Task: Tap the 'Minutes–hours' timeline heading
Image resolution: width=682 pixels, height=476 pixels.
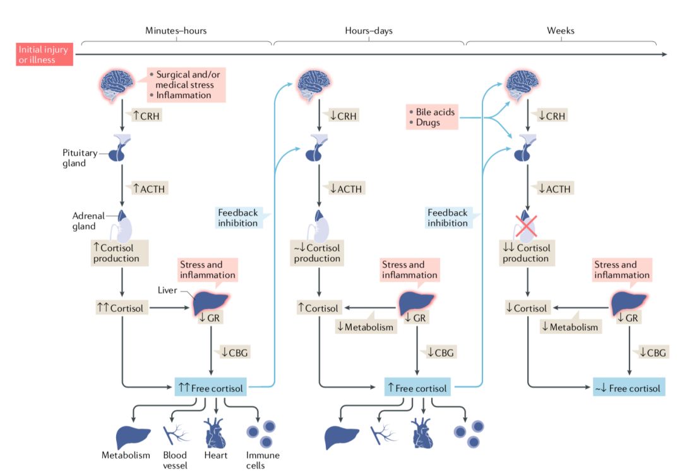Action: (176, 30)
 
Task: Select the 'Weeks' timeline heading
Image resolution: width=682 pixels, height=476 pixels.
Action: (560, 30)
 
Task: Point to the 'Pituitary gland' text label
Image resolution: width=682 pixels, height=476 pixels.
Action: (80, 158)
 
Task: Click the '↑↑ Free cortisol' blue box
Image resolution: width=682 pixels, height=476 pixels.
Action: (210, 386)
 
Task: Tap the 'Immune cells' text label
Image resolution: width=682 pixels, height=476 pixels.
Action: (263, 460)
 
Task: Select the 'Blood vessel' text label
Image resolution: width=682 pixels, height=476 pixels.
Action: (175, 460)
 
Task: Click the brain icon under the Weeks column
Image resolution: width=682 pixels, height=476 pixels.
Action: (527, 86)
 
